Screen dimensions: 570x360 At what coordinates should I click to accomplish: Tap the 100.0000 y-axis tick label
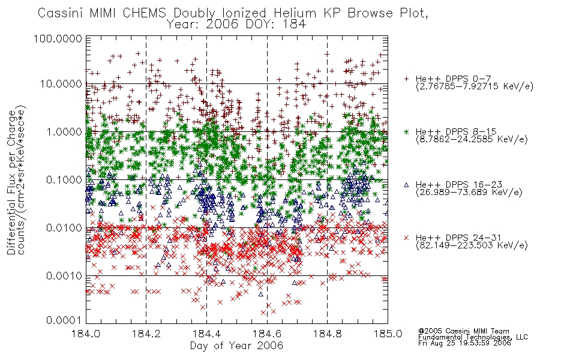click(x=58, y=38)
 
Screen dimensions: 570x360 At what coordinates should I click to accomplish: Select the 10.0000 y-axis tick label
click(x=61, y=84)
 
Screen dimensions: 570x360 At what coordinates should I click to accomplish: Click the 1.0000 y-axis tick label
click(x=64, y=131)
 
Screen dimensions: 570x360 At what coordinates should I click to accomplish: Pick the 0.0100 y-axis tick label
click(x=64, y=228)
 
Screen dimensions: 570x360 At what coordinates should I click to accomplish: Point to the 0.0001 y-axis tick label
click(x=64, y=320)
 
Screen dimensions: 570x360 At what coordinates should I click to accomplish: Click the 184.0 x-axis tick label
click(x=86, y=334)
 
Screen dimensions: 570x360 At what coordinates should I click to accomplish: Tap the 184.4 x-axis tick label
click(x=206, y=334)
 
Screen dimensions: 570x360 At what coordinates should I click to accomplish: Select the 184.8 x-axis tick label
click(x=327, y=334)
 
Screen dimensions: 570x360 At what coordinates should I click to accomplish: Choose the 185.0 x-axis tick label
click(x=388, y=334)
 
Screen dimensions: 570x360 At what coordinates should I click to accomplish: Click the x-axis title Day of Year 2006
click(x=236, y=346)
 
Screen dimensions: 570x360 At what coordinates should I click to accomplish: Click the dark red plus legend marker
click(x=406, y=78)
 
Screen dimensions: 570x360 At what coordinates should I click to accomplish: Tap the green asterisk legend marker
click(x=406, y=131)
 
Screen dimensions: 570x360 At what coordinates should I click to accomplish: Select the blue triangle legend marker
click(x=406, y=185)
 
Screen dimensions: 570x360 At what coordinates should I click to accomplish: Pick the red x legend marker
click(x=406, y=238)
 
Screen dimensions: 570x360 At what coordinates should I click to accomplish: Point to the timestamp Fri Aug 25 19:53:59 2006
click(x=464, y=343)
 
